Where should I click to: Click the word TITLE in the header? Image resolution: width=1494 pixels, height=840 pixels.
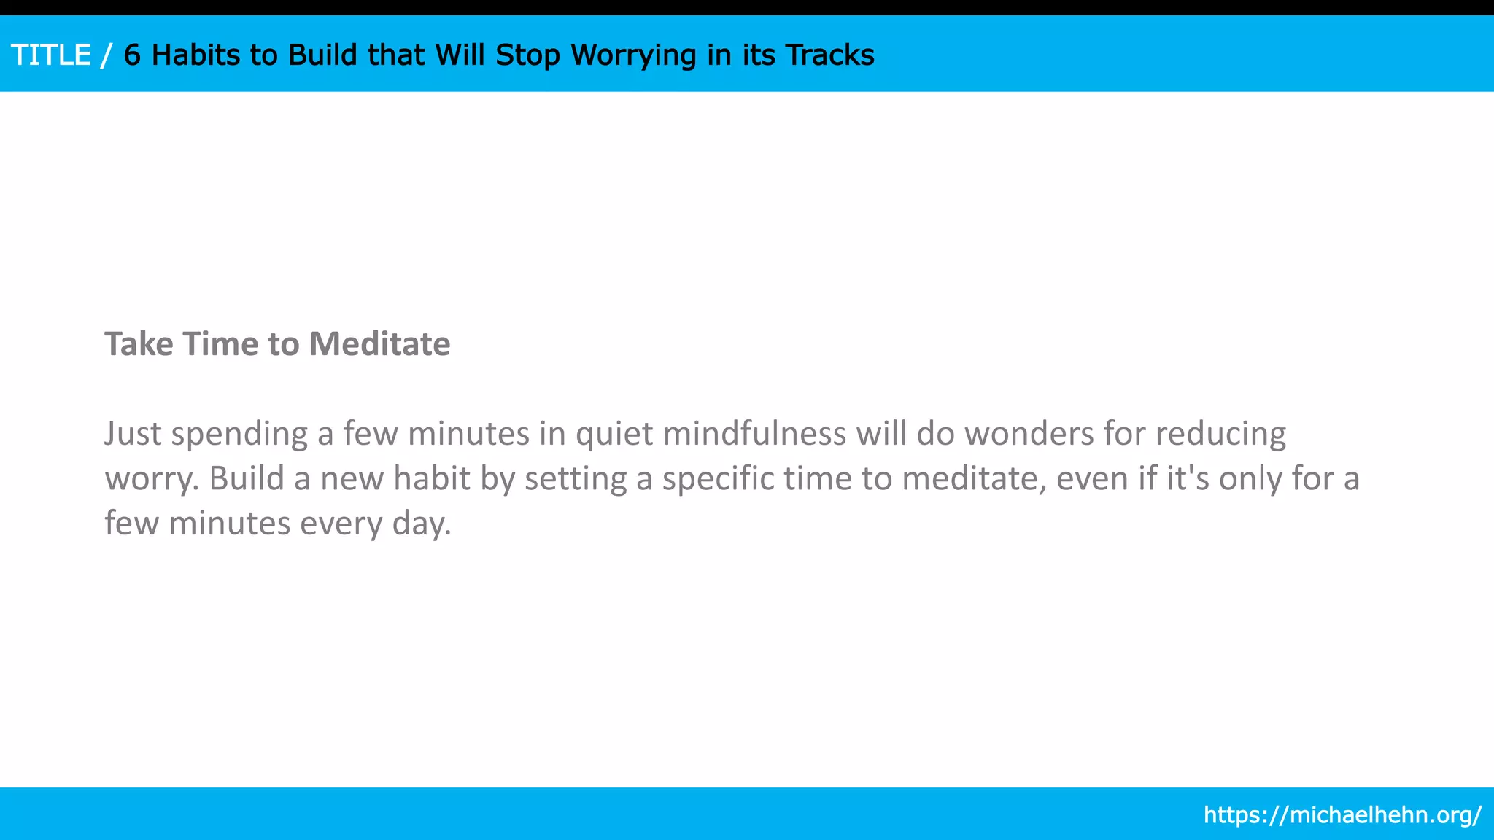pos(51,55)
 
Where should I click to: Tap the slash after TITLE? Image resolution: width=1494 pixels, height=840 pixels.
pos(107,55)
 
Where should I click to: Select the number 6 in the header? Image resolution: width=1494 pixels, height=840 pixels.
pos(132,55)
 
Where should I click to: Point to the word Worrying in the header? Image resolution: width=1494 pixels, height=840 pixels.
pos(633,55)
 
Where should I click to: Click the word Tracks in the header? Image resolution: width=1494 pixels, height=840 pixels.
pos(829,55)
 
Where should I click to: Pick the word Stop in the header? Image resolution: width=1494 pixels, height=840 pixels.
pos(527,55)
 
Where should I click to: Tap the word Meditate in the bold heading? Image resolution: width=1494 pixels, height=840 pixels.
pos(379,344)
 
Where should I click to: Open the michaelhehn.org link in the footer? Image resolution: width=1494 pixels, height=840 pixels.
pos(1342,814)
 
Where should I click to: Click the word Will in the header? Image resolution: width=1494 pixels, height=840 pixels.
pos(460,55)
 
